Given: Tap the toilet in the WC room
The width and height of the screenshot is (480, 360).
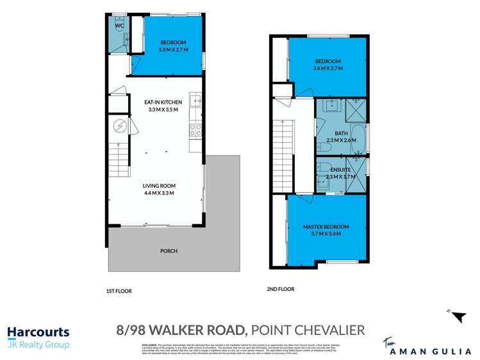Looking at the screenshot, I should [x=119, y=28].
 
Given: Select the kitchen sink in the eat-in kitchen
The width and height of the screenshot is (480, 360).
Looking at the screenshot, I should [x=195, y=101].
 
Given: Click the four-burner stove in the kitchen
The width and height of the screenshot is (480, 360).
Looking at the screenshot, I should [x=195, y=130].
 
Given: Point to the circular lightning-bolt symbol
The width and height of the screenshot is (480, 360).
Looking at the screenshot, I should [x=120, y=126].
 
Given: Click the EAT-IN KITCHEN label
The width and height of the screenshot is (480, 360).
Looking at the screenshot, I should [x=163, y=102].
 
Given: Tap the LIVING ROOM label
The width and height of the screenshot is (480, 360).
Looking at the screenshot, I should [x=159, y=185].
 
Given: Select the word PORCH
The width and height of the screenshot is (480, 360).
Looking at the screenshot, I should [x=169, y=250].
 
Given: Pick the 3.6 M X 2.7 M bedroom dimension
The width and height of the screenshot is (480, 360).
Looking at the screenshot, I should [x=327, y=68].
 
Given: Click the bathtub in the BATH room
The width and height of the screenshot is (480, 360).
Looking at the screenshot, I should [x=358, y=137].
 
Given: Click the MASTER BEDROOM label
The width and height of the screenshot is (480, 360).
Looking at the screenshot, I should [x=326, y=227].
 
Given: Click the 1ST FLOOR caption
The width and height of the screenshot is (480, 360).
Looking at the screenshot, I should [x=119, y=291].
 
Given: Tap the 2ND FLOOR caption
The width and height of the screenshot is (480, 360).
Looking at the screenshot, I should [x=280, y=290].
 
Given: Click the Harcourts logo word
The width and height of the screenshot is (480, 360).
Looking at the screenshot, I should [x=38, y=333].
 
